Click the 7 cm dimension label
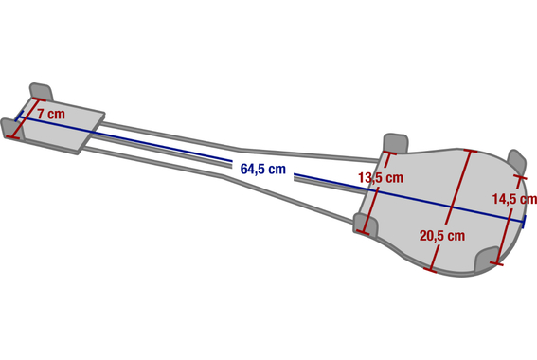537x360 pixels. click(51, 114)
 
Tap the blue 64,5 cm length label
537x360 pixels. click(262, 169)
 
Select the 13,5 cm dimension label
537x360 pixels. click(381, 178)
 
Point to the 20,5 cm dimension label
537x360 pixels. click(442, 236)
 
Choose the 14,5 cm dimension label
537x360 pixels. click(514, 199)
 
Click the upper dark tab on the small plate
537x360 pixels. click(41, 92)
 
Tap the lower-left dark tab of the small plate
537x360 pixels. click(12, 129)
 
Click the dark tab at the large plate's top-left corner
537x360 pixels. click(396, 143)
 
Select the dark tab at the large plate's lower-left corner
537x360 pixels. click(366, 225)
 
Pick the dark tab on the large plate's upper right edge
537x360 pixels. click(516, 162)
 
